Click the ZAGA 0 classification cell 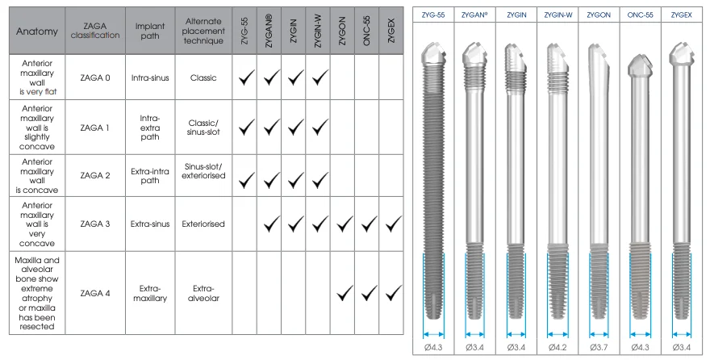click(96, 77)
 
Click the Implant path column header click(152, 31)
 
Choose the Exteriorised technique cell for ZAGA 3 click(203, 224)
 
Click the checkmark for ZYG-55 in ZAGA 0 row click(247, 77)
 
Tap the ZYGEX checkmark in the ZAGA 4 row click(394, 292)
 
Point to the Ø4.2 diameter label click(558, 347)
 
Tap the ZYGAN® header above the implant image click(475, 15)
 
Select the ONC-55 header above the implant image click(640, 15)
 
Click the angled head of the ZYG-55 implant click(435, 56)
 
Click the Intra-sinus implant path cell click(152, 77)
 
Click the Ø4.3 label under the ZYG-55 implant click(434, 347)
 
